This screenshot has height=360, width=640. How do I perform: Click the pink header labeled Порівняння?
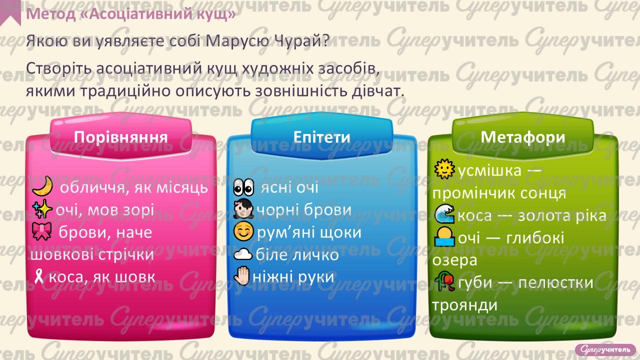tap(120, 137)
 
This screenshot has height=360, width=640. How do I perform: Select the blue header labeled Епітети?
tap(321, 137)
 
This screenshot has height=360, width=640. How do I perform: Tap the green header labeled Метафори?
tap(523, 137)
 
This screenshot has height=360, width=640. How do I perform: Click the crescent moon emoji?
tap(42, 187)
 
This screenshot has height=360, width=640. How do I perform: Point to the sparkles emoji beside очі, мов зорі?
tap(42, 210)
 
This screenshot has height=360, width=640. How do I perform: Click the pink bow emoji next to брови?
tap(42, 232)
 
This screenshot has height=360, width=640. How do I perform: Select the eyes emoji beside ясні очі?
tap(244, 188)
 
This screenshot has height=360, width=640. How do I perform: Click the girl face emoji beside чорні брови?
tap(244, 210)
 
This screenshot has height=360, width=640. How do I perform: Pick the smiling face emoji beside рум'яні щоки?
tap(244, 232)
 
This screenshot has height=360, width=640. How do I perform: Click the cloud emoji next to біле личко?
tap(243, 254)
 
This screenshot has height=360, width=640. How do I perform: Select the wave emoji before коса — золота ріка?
tap(444, 215)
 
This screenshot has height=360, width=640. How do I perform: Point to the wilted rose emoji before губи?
tap(444, 282)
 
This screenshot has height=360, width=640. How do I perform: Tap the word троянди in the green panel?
tap(464, 304)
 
